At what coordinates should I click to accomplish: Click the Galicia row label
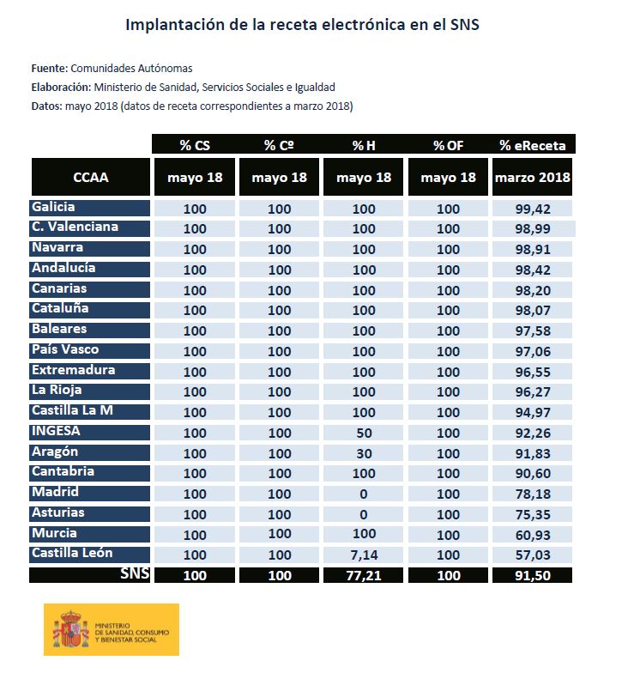(x=53, y=207)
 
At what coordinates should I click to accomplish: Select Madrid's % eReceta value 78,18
(x=533, y=494)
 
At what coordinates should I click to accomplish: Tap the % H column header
(x=364, y=146)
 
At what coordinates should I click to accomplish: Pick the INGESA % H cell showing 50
(x=364, y=433)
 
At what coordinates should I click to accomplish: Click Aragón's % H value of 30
(x=364, y=453)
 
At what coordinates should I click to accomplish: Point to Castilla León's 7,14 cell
(x=364, y=555)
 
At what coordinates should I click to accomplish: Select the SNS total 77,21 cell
(x=364, y=575)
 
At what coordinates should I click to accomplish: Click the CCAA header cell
(x=91, y=177)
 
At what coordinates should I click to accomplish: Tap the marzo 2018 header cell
(x=532, y=177)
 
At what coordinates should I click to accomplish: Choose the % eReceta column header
(x=532, y=146)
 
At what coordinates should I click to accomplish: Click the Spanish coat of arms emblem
(x=70, y=630)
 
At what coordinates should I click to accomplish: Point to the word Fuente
(x=50, y=69)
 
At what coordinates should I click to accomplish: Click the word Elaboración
(x=61, y=88)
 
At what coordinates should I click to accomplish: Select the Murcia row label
(x=54, y=533)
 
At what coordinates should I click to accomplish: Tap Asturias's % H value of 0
(x=364, y=515)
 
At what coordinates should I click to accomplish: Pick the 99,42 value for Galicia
(x=533, y=209)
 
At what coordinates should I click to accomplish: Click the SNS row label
(x=135, y=573)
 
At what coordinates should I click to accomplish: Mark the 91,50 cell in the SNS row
(x=533, y=575)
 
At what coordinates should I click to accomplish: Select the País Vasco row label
(x=65, y=349)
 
